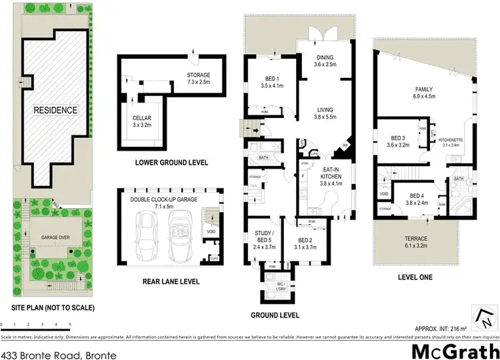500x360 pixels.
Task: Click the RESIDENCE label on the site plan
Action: tap(57, 110)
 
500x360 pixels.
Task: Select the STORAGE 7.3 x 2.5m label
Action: tap(198, 79)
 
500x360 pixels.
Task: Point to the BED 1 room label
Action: tap(268, 82)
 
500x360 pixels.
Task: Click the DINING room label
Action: tap(325, 61)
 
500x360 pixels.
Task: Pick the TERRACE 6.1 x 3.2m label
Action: tap(423, 241)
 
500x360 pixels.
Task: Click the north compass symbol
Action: tap(481, 313)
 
